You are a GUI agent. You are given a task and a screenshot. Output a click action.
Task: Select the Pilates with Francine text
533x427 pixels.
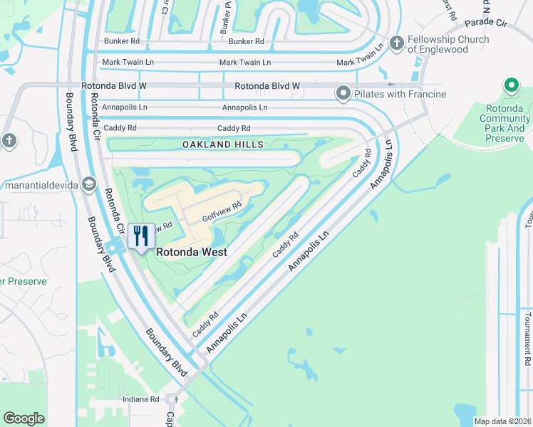[x=403, y=94]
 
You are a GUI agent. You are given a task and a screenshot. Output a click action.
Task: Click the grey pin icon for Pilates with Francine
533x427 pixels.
[x=343, y=93]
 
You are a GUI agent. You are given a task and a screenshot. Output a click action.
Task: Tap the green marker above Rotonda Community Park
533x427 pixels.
[x=511, y=86]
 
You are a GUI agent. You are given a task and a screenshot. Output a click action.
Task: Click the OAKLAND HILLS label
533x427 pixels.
[x=222, y=144]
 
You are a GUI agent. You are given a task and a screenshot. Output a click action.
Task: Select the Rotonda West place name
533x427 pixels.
[x=192, y=252]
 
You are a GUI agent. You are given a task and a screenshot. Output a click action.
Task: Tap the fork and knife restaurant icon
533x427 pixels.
[x=141, y=237]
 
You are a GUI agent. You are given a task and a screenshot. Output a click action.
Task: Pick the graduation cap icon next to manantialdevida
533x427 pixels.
[x=88, y=185]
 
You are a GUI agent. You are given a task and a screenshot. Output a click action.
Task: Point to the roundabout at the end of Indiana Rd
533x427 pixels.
[x=171, y=399]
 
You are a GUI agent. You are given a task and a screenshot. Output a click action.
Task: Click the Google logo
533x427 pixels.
[x=24, y=418]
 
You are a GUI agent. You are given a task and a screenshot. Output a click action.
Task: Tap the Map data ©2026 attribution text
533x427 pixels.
[x=502, y=421]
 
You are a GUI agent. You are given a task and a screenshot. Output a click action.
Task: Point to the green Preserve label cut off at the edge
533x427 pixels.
[x=24, y=281]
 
